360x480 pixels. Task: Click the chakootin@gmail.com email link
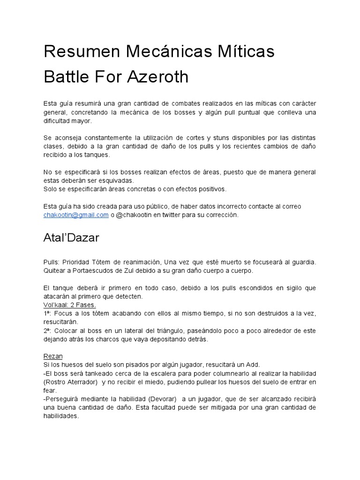click(76, 215)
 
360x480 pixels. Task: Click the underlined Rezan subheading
click(53, 356)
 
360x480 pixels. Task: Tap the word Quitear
click(56, 271)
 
